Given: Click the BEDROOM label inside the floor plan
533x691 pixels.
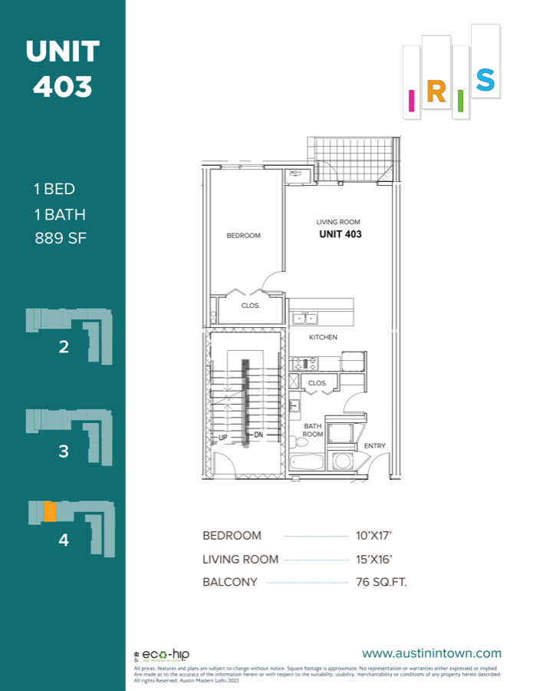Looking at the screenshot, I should pyautogui.click(x=243, y=236).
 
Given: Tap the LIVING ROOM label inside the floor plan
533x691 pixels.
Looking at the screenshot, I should pyautogui.click(x=338, y=223).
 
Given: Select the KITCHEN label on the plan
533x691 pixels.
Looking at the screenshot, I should pyautogui.click(x=323, y=337).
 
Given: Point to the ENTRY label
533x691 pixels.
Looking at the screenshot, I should pyautogui.click(x=375, y=446).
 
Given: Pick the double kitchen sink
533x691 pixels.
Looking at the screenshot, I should pyautogui.click(x=304, y=317).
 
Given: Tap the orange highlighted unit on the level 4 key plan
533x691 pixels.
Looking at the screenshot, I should pyautogui.click(x=49, y=511).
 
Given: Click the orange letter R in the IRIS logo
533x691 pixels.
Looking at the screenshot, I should pyautogui.click(x=436, y=92).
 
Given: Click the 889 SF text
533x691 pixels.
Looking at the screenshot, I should pyautogui.click(x=61, y=238).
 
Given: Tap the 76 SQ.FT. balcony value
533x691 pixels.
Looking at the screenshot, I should pyautogui.click(x=381, y=582).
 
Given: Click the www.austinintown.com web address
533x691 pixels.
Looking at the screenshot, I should pyautogui.click(x=432, y=653).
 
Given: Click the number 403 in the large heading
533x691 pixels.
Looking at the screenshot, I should pyautogui.click(x=62, y=86).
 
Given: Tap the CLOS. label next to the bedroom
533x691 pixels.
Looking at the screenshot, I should pyautogui.click(x=251, y=306).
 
